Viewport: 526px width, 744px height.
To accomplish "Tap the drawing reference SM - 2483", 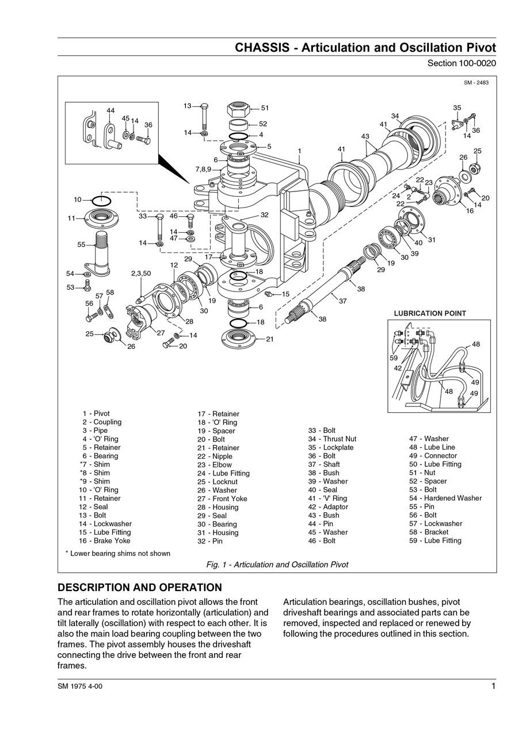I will pos(476,83).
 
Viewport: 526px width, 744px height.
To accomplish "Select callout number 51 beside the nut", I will pos(265,108).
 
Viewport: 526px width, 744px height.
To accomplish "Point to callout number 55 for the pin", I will pos(82,244).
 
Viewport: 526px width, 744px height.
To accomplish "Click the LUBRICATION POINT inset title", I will pos(430,313).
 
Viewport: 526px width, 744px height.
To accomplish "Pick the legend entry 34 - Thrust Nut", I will pos(332,439).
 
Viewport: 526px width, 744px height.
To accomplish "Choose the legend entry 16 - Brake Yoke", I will pos(105,540).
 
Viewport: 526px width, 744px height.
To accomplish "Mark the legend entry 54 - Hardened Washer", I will pos(445,498).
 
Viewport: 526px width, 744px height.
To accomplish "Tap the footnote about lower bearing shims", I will pos(118,553).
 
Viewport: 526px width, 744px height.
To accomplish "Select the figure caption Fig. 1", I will pos(277,565).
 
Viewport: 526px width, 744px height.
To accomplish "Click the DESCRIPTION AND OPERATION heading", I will pos(140,588).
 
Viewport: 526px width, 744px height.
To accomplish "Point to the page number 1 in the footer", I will pos(493,685).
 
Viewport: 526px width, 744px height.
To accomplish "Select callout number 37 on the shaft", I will pos(342,301).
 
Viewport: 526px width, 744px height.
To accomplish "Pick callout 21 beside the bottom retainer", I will pos(269,339).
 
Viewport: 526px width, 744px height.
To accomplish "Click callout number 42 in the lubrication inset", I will pos(398,369).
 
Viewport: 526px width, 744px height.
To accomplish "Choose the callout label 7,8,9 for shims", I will pos(203,169).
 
